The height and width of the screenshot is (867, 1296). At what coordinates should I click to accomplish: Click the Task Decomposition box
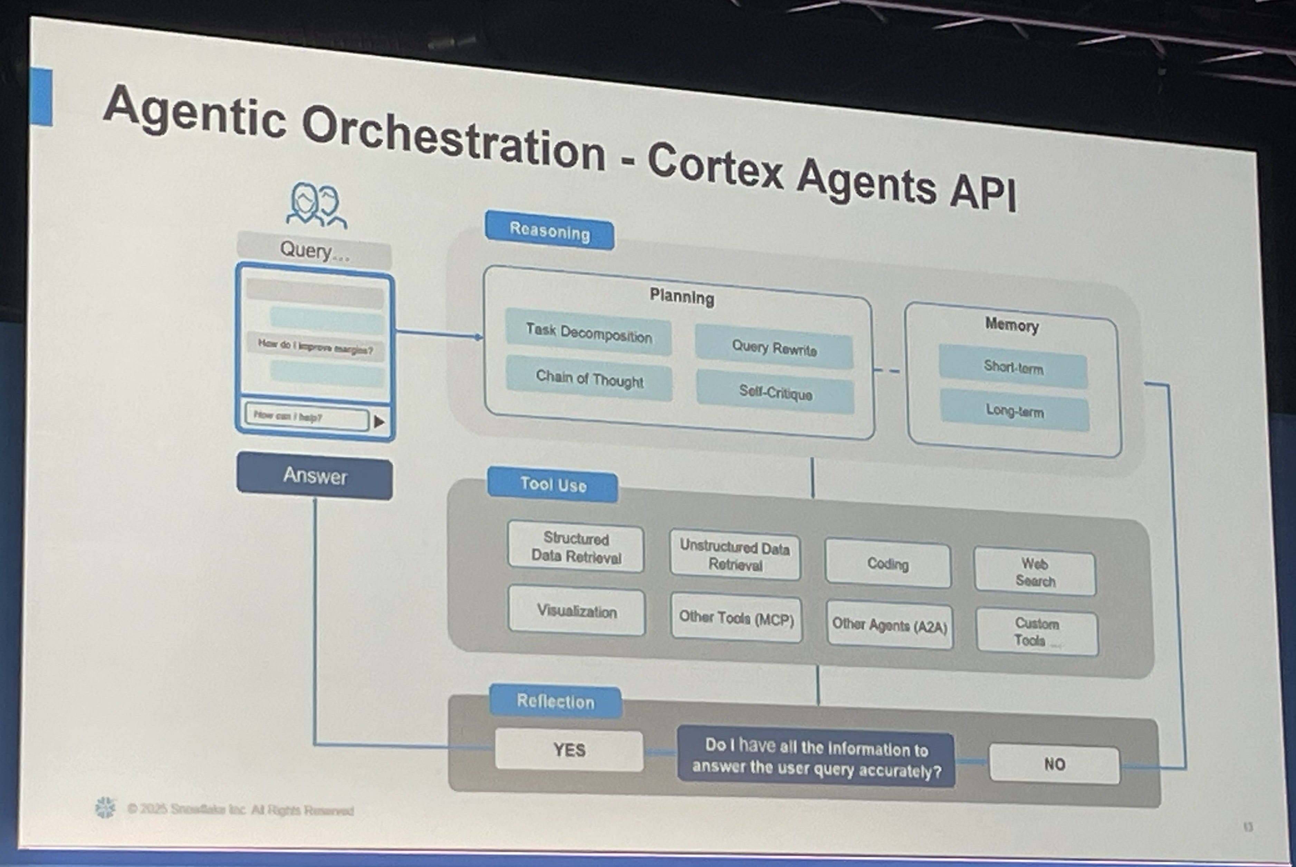588,333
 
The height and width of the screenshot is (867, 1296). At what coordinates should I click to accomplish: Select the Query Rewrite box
774,348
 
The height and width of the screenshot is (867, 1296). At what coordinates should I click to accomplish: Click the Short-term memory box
1013,367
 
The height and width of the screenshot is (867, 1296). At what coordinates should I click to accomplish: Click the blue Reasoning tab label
549,231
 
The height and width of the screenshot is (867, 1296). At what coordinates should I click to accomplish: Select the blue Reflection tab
555,702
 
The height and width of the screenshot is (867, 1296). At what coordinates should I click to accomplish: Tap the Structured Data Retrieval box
576,547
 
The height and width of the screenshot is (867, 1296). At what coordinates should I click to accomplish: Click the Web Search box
1035,572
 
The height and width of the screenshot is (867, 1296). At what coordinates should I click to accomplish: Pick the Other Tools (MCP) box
736,619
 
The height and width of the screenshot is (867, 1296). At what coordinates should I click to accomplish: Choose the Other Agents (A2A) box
889,625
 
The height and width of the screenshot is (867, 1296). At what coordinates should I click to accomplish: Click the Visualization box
576,611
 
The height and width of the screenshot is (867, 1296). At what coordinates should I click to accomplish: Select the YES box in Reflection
569,750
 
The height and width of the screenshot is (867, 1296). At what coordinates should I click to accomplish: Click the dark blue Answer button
315,476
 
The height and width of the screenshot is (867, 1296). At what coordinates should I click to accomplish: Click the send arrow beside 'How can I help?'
379,422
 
